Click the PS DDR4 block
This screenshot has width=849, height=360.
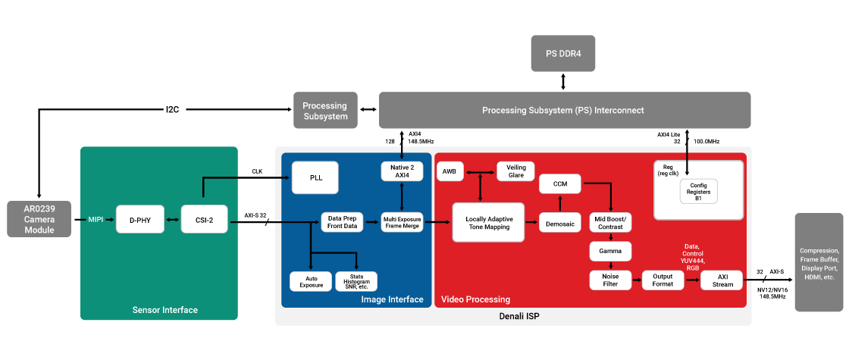click(x=562, y=54)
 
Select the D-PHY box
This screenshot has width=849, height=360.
click(x=140, y=220)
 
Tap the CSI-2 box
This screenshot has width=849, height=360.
click(x=204, y=220)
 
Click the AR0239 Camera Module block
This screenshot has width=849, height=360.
click(x=39, y=219)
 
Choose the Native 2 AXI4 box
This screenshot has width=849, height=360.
click(x=401, y=171)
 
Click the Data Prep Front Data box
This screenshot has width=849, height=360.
click(x=341, y=222)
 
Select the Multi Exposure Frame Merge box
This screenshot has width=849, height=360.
click(x=402, y=222)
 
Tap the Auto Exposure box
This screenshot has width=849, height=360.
click(x=311, y=281)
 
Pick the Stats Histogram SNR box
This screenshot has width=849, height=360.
click(x=356, y=281)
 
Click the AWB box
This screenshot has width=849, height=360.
click(x=450, y=172)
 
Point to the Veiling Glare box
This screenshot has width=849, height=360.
click(x=516, y=172)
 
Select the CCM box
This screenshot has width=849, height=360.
click(x=560, y=183)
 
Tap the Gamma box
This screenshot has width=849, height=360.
click(x=610, y=250)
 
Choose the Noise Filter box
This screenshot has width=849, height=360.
click(x=610, y=280)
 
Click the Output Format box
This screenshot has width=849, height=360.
click(x=663, y=280)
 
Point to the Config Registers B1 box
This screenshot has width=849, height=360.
click(x=693, y=190)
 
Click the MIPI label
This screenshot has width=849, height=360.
click(x=96, y=220)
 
